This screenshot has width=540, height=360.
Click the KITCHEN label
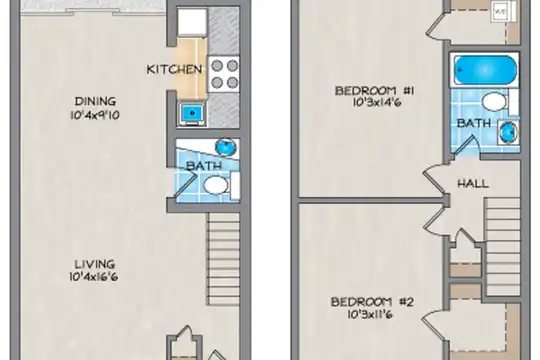coord(174,69)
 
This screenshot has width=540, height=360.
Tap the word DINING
coord(95,101)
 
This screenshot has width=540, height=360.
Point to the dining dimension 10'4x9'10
coord(95,115)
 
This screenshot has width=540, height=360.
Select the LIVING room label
coord(95,264)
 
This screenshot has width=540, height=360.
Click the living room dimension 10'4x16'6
coord(94,277)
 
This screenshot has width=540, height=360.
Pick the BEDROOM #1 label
coord(374,91)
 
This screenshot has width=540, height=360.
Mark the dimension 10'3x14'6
coord(377,103)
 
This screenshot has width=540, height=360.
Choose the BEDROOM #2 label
coord(372,302)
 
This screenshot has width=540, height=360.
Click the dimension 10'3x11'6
coord(368,314)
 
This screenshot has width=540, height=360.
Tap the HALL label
coord(473,184)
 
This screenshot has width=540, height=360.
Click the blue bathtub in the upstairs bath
coord(485,70)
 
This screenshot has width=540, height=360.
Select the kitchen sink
coord(192,113)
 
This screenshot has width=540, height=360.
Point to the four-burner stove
coord(224,74)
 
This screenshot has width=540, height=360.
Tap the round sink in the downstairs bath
coord(226,147)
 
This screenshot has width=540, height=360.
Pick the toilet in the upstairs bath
coord(499,102)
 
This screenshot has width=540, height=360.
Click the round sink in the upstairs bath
coord(508,132)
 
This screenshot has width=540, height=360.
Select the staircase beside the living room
coord(223,259)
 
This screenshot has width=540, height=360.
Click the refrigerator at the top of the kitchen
coord(192,22)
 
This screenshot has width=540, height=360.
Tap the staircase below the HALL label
coord(502,246)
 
